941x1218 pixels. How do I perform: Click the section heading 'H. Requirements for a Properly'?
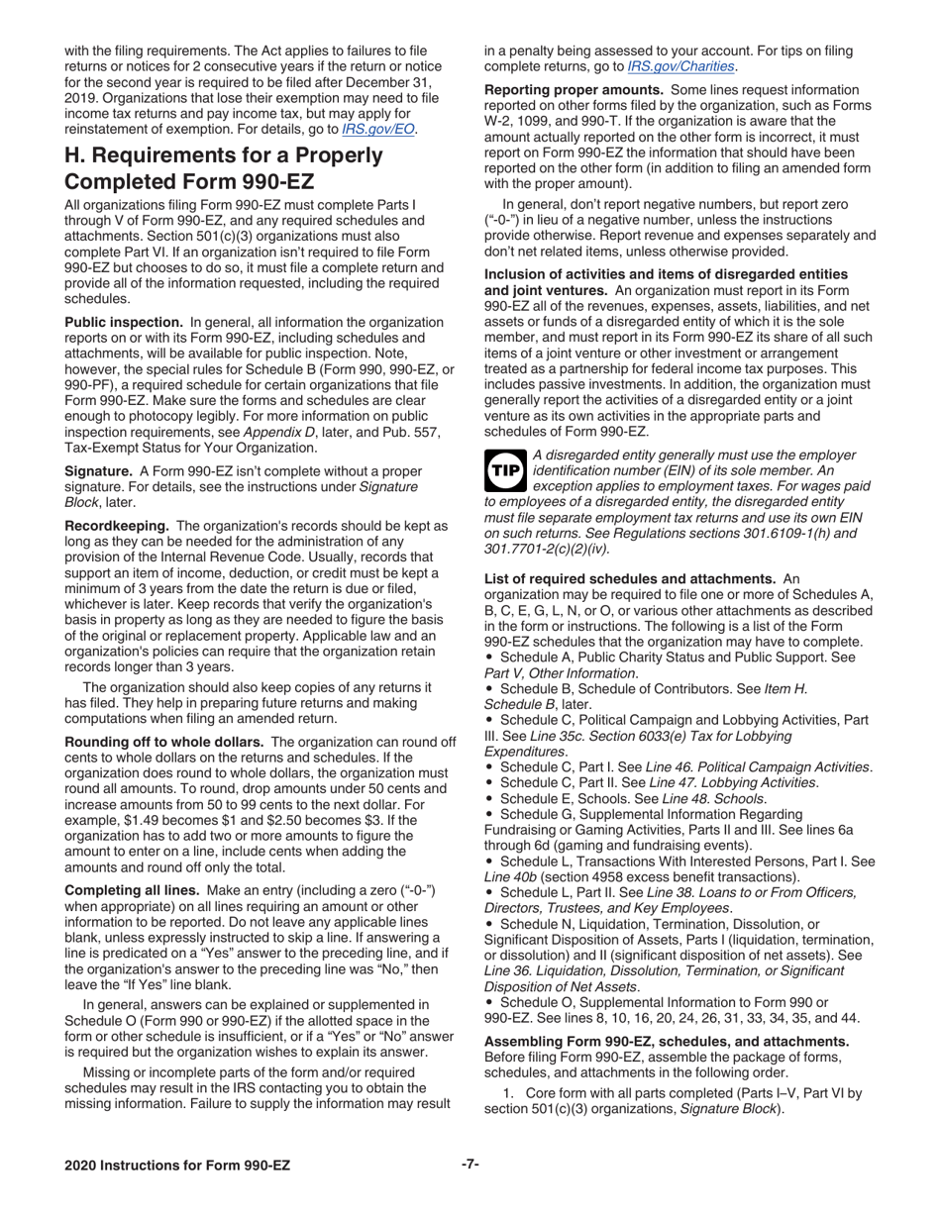[x=223, y=155]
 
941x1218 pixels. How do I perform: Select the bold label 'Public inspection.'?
[x=124, y=322]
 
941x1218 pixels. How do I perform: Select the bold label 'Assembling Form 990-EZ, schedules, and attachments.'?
[x=666, y=1041]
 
